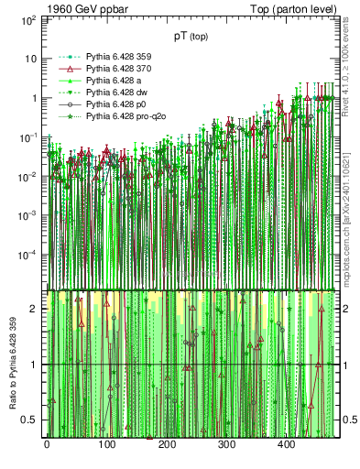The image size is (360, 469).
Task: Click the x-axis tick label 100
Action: [x=106, y=446]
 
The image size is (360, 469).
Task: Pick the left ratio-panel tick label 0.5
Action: [x=29, y=420]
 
